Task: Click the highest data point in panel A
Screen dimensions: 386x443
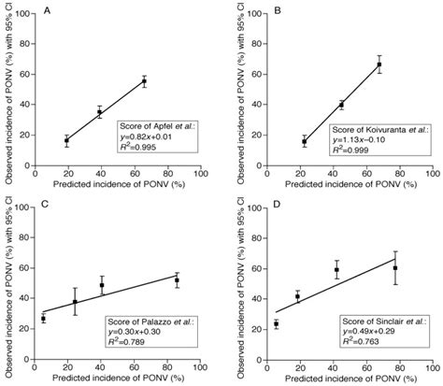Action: coord(144,81)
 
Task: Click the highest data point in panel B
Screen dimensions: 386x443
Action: coord(379,64)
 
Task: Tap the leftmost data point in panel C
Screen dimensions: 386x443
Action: coord(43,319)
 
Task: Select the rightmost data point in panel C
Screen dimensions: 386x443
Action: coord(177,279)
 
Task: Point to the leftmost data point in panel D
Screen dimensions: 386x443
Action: coord(277,324)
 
